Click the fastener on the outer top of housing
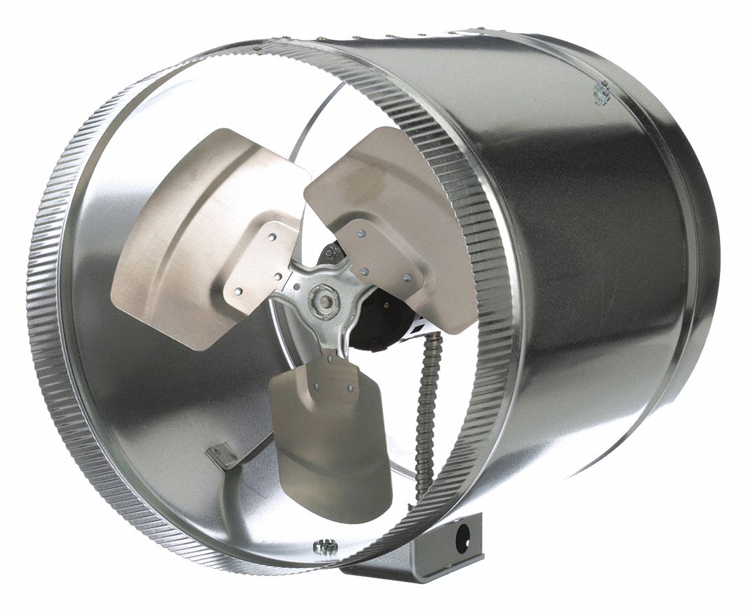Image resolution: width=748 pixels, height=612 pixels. [x=602, y=92]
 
